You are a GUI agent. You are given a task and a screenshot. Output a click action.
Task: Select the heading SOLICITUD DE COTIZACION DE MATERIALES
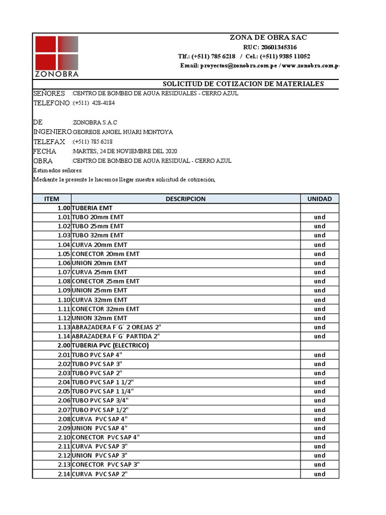point(244,84)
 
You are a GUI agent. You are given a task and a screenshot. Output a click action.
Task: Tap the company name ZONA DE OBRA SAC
point(268,37)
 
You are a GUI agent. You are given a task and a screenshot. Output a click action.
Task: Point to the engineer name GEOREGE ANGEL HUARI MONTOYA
point(123,132)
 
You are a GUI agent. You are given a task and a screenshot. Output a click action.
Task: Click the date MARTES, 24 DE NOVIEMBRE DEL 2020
point(125,151)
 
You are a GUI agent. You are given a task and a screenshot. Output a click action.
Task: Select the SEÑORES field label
point(49,94)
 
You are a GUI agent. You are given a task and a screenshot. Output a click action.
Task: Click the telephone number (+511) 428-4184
point(93,103)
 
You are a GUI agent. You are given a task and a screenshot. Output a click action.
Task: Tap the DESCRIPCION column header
point(185,199)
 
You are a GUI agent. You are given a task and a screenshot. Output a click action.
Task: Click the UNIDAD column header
point(320,199)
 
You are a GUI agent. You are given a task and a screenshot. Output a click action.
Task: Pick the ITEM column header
point(52,199)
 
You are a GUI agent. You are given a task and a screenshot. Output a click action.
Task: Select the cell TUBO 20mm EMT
point(98,217)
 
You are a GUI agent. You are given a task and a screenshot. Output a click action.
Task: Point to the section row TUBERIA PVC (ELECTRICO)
point(111,346)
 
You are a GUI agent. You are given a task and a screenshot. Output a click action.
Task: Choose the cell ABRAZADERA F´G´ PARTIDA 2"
point(116,336)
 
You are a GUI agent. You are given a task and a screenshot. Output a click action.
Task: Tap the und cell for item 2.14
point(320,474)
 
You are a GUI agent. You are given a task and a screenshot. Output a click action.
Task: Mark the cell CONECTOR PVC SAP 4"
point(106,437)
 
